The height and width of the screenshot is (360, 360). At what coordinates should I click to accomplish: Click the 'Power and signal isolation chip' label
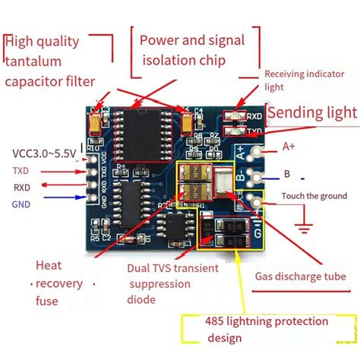[195, 49]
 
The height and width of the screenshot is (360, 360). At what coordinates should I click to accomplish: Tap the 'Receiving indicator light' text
[308, 81]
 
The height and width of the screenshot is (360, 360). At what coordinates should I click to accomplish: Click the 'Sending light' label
[312, 113]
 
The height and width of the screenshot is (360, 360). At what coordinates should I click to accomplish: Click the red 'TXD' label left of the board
[21, 170]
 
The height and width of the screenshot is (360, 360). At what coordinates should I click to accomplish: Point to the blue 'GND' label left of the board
[21, 204]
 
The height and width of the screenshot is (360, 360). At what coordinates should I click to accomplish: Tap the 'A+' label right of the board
[289, 146]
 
